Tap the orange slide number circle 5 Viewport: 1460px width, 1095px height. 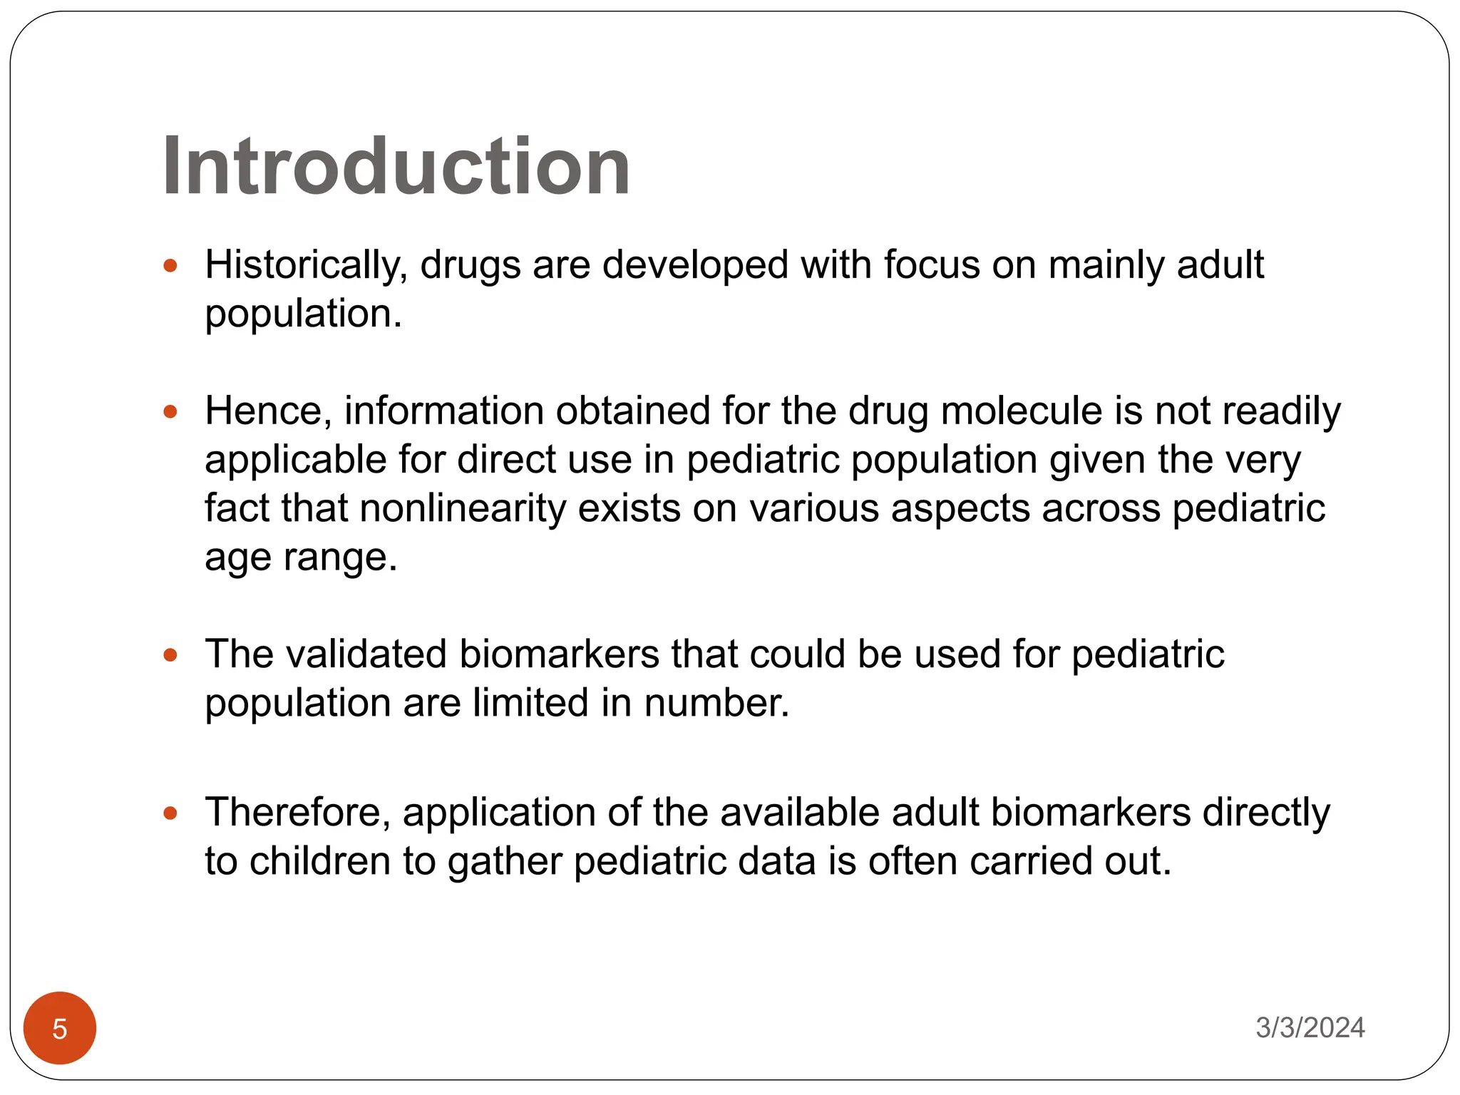click(60, 1028)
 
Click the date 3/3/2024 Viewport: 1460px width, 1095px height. click(1310, 1027)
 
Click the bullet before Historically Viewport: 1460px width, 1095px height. click(170, 266)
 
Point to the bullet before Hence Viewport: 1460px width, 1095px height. click(170, 411)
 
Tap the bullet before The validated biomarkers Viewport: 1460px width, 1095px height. click(170, 654)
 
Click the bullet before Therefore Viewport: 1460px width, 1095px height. click(170, 813)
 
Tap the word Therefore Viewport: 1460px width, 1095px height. click(298, 813)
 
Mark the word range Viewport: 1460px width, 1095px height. click(340, 557)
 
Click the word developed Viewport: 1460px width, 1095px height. click(695, 265)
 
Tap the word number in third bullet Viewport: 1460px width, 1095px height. click(716, 703)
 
